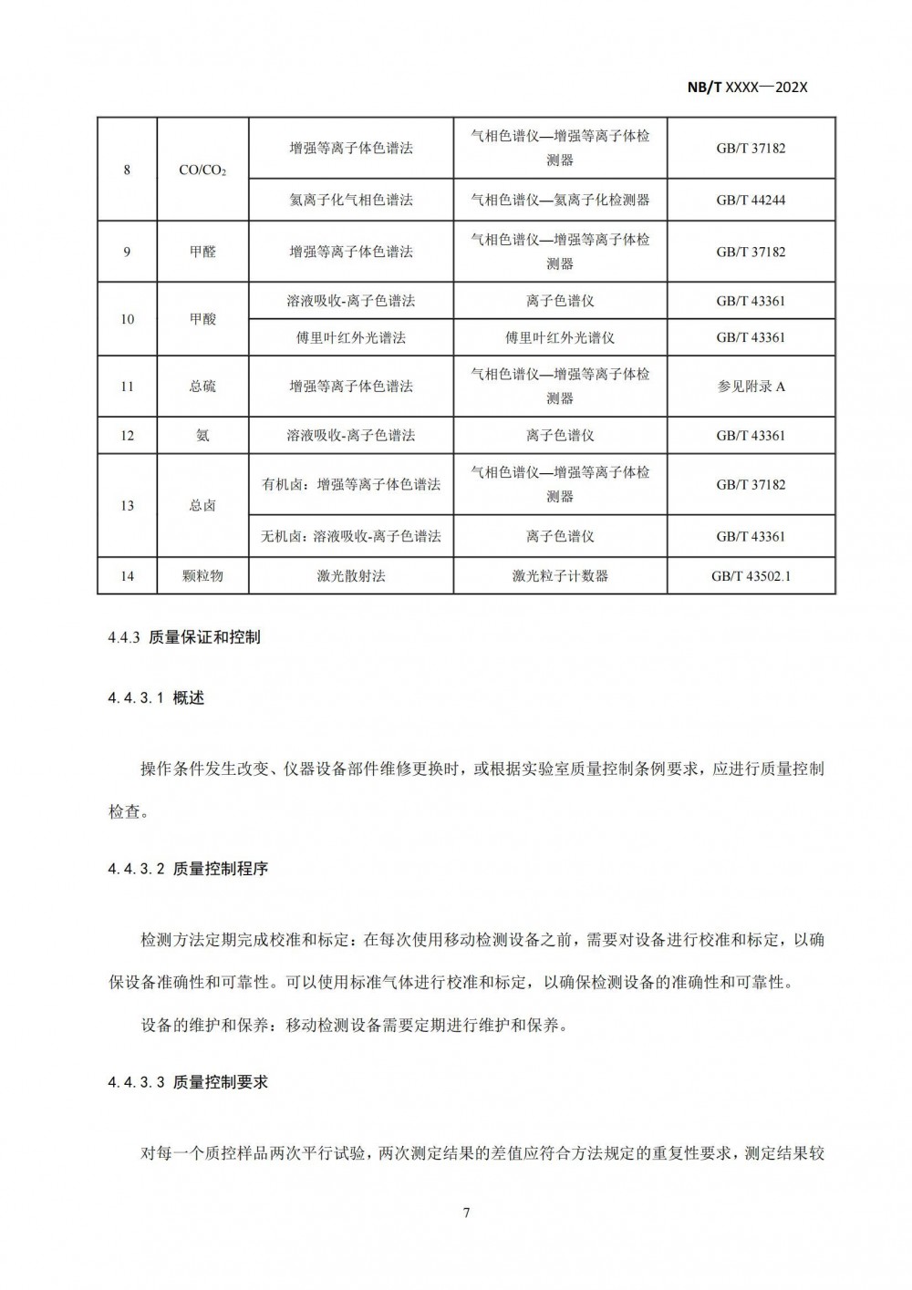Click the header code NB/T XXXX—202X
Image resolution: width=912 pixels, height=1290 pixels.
747,88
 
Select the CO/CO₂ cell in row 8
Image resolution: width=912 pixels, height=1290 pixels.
202,170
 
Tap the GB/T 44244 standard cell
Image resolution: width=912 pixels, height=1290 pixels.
751,200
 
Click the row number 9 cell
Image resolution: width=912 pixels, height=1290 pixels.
127,252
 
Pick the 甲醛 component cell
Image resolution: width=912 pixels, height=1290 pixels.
202,252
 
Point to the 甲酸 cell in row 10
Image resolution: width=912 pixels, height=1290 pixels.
202,319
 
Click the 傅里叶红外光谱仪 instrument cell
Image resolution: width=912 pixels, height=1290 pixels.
560,337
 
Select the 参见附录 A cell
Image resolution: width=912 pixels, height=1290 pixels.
751,387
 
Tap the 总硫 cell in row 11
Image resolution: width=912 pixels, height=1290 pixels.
202,387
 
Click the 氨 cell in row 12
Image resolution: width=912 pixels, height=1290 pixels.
202,436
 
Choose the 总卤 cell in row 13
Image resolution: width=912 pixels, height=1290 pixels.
202,506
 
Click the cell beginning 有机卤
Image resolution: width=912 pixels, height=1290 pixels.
351,485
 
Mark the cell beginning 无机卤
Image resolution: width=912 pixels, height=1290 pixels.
351,536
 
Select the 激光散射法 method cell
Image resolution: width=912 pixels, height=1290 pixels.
351,576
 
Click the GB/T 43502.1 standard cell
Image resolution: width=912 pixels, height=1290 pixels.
751,576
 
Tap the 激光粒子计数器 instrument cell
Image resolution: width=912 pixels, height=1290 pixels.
560,576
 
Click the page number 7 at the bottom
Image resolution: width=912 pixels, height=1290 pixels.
466,1213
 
